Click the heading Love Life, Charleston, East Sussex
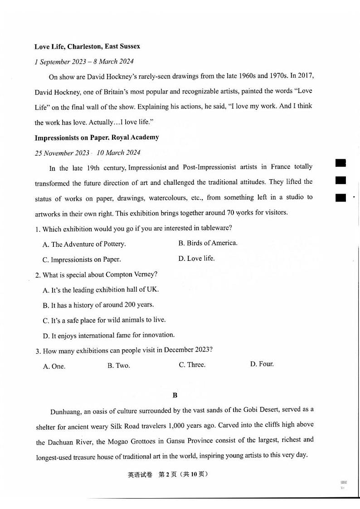(87, 46)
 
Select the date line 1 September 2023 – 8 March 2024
(84, 62)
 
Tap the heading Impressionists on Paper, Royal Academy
(97, 137)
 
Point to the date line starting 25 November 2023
(88, 153)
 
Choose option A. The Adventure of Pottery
(84, 244)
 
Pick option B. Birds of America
(208, 243)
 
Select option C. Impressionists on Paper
(82, 259)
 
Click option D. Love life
(196, 259)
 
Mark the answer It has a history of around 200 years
(98, 305)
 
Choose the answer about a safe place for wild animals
(104, 320)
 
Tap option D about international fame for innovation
(108, 335)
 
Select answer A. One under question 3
(54, 366)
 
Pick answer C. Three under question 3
(192, 365)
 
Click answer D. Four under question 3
(262, 364)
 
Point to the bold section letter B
(175, 395)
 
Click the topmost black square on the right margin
(341, 162)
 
